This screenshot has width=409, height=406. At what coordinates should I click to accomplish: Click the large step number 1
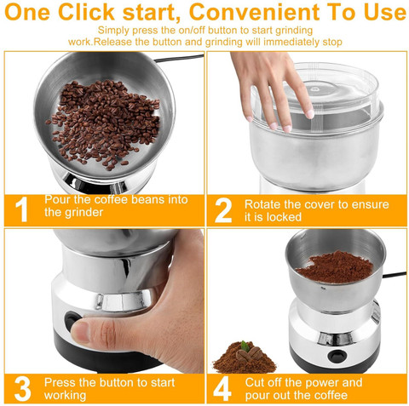[x=21, y=209]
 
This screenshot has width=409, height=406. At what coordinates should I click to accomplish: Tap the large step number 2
[x=223, y=209]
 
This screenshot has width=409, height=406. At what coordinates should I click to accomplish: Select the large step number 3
[x=22, y=389]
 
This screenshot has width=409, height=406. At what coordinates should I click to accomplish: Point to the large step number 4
[x=222, y=389]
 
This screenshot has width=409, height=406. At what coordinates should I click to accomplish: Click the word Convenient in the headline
[x=255, y=12]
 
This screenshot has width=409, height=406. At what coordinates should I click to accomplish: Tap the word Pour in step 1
[x=57, y=199]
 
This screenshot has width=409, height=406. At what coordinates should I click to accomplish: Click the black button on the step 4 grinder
[x=336, y=354]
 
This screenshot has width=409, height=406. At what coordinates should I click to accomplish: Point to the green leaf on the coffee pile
[x=245, y=346]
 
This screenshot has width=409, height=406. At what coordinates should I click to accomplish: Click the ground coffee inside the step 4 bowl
[x=335, y=267]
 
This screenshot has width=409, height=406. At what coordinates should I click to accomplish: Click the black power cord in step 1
[x=179, y=58]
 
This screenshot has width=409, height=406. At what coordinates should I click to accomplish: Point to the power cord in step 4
[x=395, y=274]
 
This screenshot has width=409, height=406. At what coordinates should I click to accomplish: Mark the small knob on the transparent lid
[x=314, y=89]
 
